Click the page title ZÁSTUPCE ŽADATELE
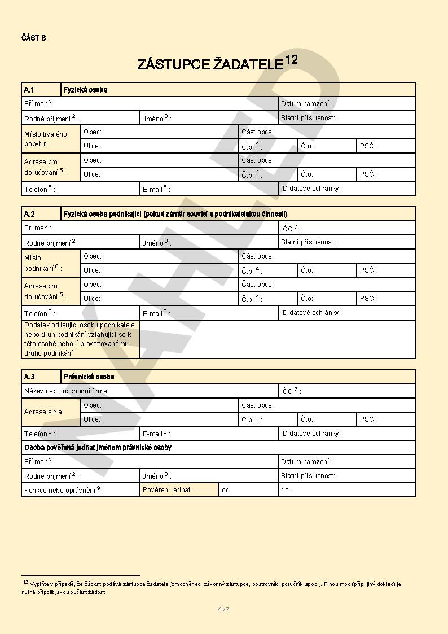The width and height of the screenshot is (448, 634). [210, 64]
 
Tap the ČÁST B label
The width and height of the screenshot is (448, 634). [33, 38]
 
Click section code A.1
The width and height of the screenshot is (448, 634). [29, 90]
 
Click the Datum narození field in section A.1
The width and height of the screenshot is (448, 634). [346, 104]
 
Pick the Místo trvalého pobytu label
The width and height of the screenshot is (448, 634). [45, 139]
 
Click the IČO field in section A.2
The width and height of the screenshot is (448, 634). [346, 228]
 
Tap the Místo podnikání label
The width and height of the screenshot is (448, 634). [43, 263]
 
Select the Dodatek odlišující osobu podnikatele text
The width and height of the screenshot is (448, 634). [80, 339]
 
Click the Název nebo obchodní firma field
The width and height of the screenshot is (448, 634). [150, 391]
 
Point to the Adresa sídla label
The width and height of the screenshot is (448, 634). [44, 412]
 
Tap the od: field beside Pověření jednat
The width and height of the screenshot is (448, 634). [248, 490]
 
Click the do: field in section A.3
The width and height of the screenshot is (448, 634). [346, 490]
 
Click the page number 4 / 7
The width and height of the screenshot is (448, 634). [223, 609]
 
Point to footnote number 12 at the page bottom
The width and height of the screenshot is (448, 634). [25, 581]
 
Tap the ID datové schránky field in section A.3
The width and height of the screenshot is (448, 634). [346, 434]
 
